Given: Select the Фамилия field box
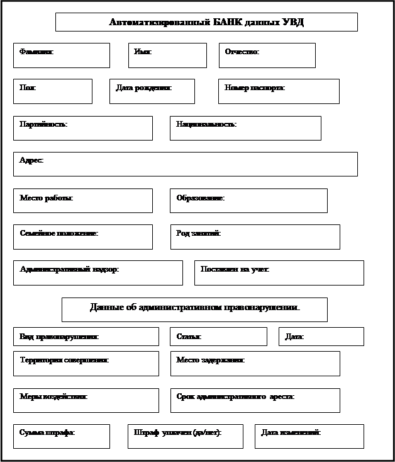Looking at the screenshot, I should click(x=62, y=55).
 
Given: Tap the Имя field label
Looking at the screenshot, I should click(x=143, y=51).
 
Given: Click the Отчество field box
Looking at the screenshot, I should click(x=267, y=55).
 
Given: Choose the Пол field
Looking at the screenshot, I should click(x=53, y=91).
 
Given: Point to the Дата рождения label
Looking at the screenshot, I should click(x=143, y=88).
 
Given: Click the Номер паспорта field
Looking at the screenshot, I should click(x=279, y=91).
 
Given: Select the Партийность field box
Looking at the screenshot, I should click(x=83, y=128).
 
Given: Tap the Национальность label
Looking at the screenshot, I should click(x=206, y=124).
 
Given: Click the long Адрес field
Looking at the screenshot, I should click(x=186, y=164).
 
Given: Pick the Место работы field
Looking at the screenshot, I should click(x=83, y=200).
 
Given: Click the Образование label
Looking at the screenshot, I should click(x=200, y=198).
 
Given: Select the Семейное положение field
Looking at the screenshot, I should click(x=83, y=237).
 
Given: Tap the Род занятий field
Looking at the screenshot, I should click(x=255, y=237).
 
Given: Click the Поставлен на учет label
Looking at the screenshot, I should click(x=235, y=269).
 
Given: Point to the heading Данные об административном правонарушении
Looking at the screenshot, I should click(x=194, y=308).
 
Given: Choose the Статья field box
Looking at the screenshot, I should click(x=218, y=337).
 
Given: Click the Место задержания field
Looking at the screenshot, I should click(x=255, y=364).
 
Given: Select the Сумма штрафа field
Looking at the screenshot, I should click(x=62, y=436).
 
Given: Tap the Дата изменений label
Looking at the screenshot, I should click(x=291, y=432).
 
